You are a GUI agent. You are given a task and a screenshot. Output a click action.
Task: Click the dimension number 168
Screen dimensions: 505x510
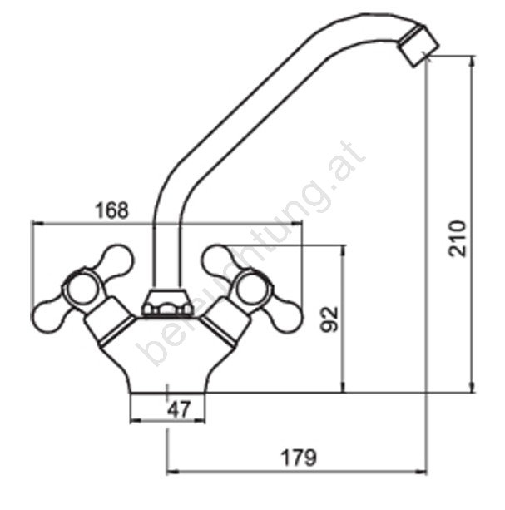111,210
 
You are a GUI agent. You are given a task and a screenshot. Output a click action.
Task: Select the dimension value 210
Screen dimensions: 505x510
458,238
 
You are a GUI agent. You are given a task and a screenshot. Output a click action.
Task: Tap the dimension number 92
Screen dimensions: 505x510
329,319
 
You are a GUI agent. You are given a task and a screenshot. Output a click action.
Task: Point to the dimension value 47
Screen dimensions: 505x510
178,409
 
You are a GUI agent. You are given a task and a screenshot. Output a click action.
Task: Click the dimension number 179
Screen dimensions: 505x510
298,458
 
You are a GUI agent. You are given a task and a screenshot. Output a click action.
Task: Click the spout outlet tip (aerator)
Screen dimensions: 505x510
418,45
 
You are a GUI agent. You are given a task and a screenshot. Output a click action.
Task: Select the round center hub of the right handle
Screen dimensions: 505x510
251,290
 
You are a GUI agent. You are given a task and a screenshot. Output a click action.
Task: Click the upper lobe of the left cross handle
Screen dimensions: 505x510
117,260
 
